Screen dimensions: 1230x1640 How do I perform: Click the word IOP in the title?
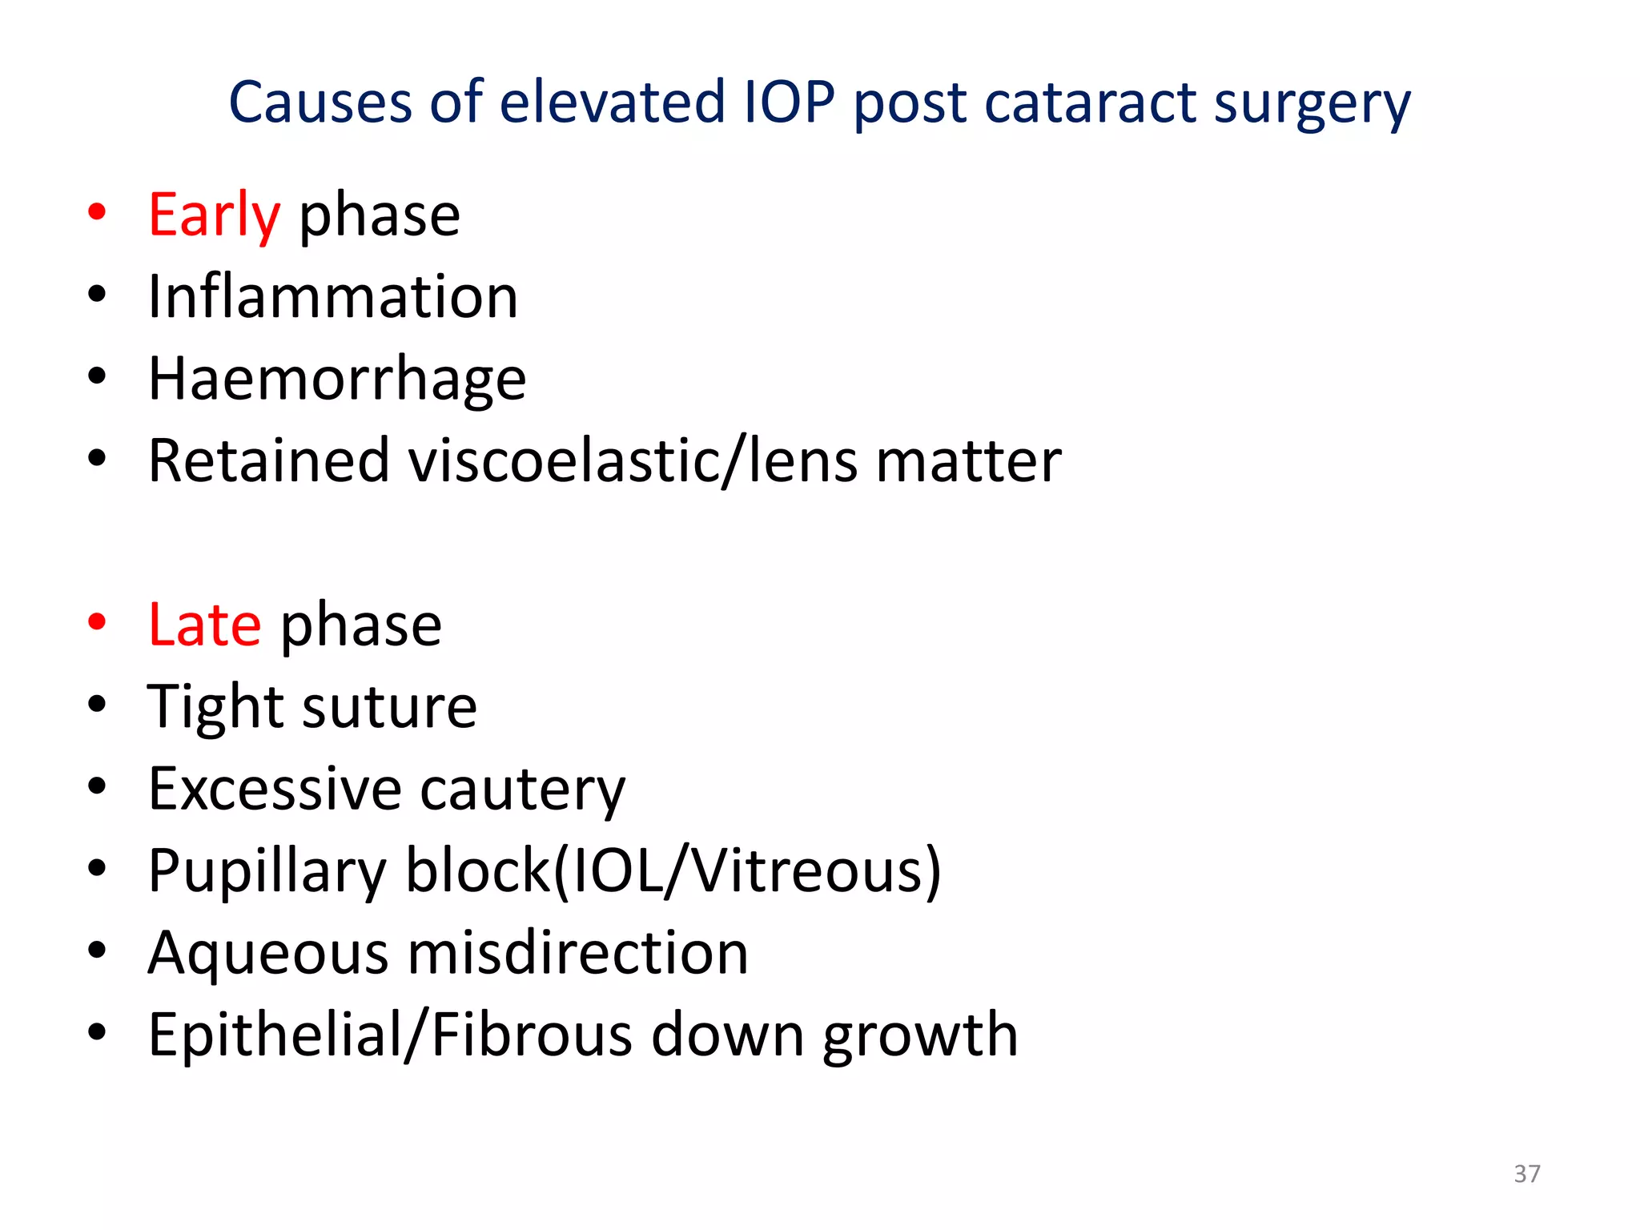click(790, 102)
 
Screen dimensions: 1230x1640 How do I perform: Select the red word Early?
click(215, 215)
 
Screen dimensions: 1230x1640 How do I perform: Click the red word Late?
click(205, 625)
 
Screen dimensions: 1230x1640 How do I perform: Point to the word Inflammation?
click(333, 297)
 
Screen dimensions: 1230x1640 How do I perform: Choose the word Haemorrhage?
click(337, 380)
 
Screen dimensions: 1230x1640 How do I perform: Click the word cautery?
click(522, 790)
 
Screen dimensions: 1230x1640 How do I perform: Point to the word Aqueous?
click(268, 955)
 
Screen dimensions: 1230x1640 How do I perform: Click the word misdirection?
click(578, 953)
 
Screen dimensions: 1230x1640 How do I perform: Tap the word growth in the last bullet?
click(921, 1036)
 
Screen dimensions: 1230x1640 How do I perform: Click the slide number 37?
click(1527, 1174)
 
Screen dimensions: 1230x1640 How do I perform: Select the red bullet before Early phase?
click(97, 212)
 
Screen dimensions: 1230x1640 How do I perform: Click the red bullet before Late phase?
click(97, 622)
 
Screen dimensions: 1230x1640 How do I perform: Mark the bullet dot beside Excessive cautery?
click(97, 786)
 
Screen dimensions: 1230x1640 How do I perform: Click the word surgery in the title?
click(1312, 104)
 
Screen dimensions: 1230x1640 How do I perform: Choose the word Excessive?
click(275, 790)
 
